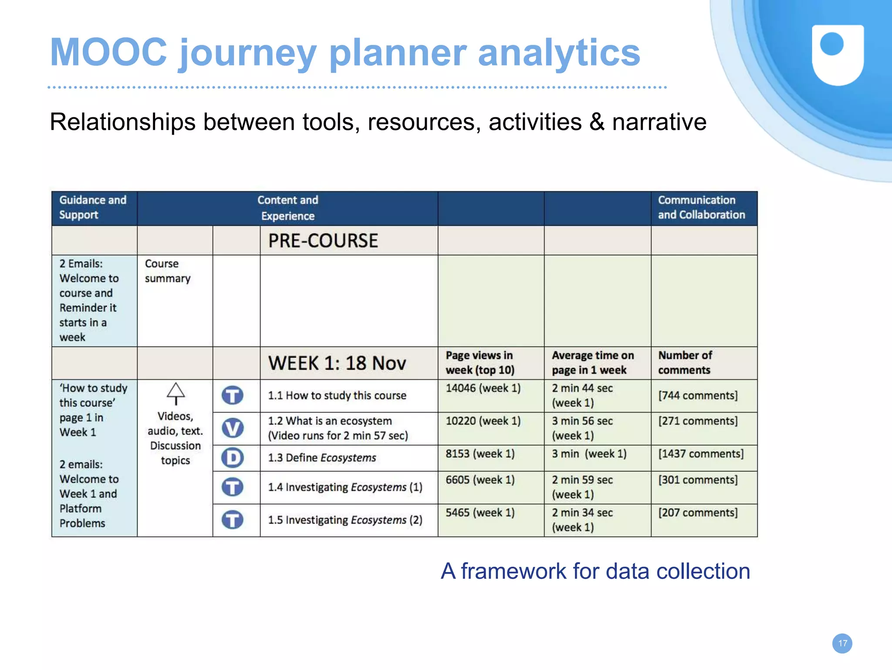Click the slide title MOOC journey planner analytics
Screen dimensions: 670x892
point(345,52)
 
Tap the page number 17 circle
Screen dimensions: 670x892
point(842,643)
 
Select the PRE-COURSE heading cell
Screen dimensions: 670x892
point(323,241)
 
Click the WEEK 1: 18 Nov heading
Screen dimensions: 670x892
point(337,363)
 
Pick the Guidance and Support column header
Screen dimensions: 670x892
point(93,207)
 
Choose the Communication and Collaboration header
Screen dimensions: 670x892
point(701,207)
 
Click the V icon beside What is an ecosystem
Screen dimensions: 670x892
point(233,428)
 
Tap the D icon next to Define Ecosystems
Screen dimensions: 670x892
point(233,458)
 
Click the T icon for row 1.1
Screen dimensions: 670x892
point(233,395)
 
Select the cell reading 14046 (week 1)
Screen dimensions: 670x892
point(483,388)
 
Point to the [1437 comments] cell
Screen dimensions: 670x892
point(700,454)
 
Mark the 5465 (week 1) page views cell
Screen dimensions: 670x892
point(480,513)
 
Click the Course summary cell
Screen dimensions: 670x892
point(167,271)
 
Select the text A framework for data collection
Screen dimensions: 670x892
point(595,571)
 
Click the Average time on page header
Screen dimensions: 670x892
point(592,363)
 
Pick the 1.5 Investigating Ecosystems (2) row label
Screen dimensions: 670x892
point(345,520)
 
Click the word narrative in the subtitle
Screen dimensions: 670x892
point(659,122)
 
